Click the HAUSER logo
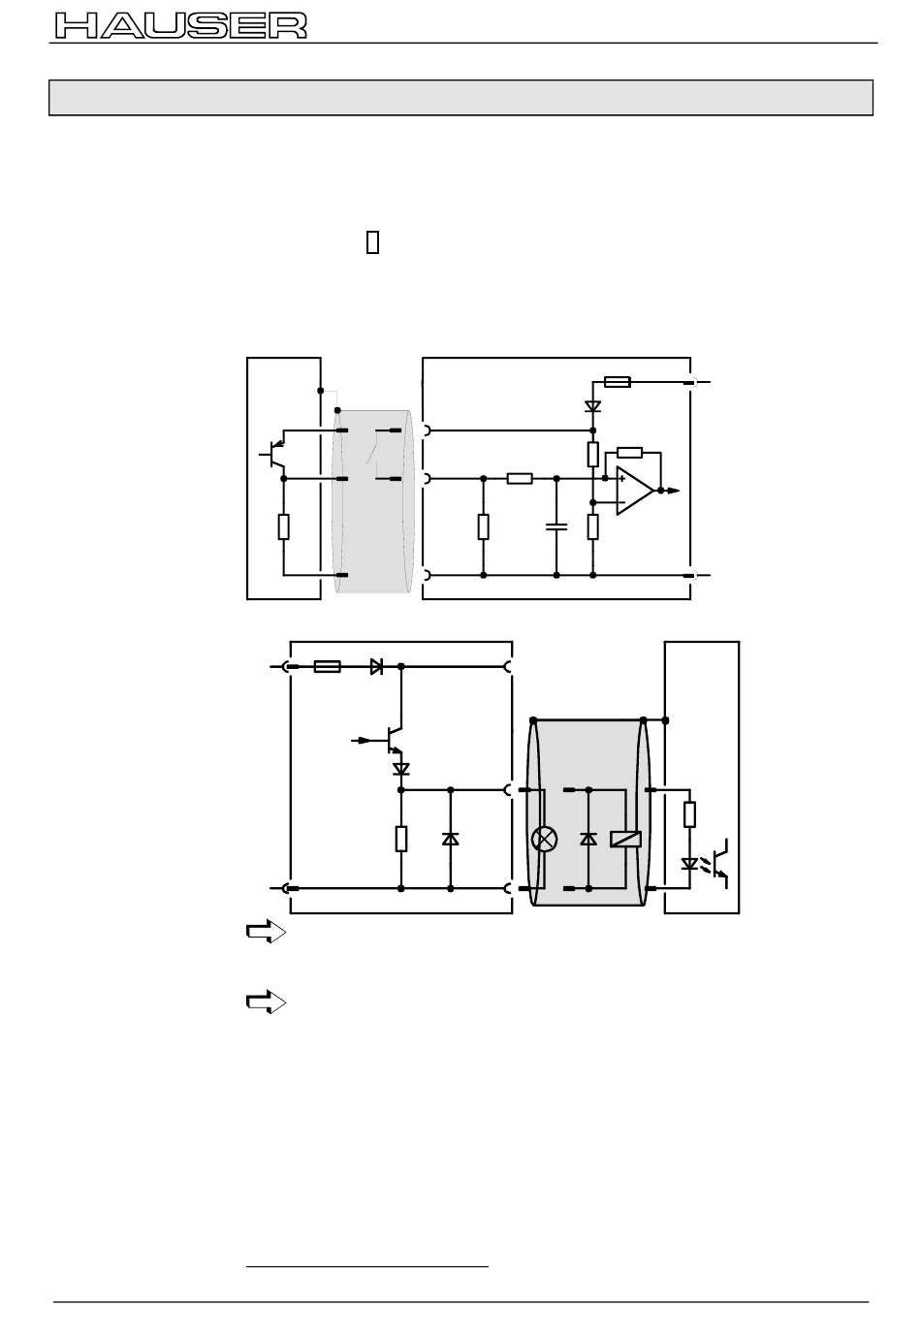pyautogui.click(x=181, y=25)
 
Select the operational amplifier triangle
pyautogui.click(x=634, y=490)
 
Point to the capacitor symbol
pyautogui.click(x=556, y=526)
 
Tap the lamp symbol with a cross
pyautogui.click(x=545, y=839)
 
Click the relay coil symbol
pyautogui.click(x=625, y=839)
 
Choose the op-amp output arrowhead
pyautogui.click(x=673, y=491)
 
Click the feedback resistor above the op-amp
pyautogui.click(x=629, y=453)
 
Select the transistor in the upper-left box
pyautogui.click(x=273, y=454)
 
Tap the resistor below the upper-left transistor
pyautogui.click(x=283, y=526)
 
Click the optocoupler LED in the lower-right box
pyautogui.click(x=689, y=863)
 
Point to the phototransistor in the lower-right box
pyautogui.click(x=721, y=863)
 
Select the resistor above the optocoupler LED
pyautogui.click(x=689, y=814)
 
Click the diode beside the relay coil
pyautogui.click(x=588, y=839)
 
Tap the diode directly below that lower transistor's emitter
pyautogui.click(x=401, y=768)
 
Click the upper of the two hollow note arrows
pyautogui.click(x=267, y=931)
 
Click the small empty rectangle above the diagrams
pyautogui.click(x=372, y=241)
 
